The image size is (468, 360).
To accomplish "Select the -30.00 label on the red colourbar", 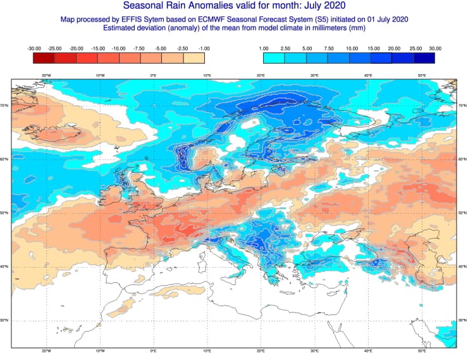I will (x=34, y=48).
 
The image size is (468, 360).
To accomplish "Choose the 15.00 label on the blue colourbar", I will (x=372, y=48).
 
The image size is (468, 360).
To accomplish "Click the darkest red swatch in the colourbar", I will (x=44, y=58).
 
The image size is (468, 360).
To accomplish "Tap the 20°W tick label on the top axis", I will (x=46, y=75).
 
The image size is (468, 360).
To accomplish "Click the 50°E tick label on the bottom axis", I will (x=422, y=351).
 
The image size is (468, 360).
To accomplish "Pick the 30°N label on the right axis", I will (x=462, y=320).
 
